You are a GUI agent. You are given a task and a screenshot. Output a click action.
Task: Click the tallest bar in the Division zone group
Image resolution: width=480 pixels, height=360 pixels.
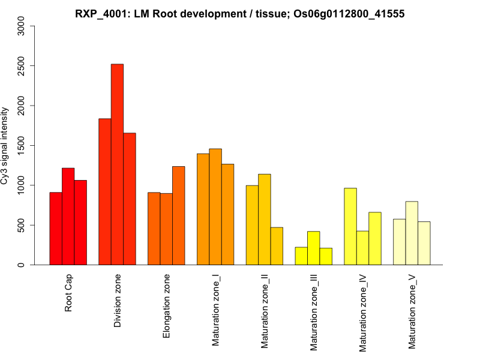click(117, 164)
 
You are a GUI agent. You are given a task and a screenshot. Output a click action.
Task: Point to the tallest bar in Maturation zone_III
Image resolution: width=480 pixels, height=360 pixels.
click(313, 248)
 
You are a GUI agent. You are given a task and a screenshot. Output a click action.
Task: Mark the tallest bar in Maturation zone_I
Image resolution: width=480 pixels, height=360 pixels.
click(215, 206)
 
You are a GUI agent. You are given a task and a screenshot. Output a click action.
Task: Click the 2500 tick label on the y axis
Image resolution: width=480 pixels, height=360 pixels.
click(22, 66)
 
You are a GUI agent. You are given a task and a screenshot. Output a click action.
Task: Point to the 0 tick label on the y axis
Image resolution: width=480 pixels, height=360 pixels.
click(22, 265)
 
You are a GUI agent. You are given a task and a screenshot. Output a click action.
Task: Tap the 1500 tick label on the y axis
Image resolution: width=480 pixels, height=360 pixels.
click(22, 145)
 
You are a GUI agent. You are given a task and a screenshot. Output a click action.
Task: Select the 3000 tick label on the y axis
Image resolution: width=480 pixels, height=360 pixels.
click(22, 26)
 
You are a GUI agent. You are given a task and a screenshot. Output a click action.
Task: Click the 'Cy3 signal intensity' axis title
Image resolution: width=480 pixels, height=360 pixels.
click(5, 145)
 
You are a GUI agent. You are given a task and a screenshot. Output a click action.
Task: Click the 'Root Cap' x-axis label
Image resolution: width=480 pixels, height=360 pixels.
click(68, 294)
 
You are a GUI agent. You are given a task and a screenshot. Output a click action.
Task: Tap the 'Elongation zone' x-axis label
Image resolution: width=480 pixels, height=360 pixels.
click(167, 306)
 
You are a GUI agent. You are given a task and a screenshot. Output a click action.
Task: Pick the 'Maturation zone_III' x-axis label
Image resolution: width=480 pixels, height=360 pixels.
click(314, 312)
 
